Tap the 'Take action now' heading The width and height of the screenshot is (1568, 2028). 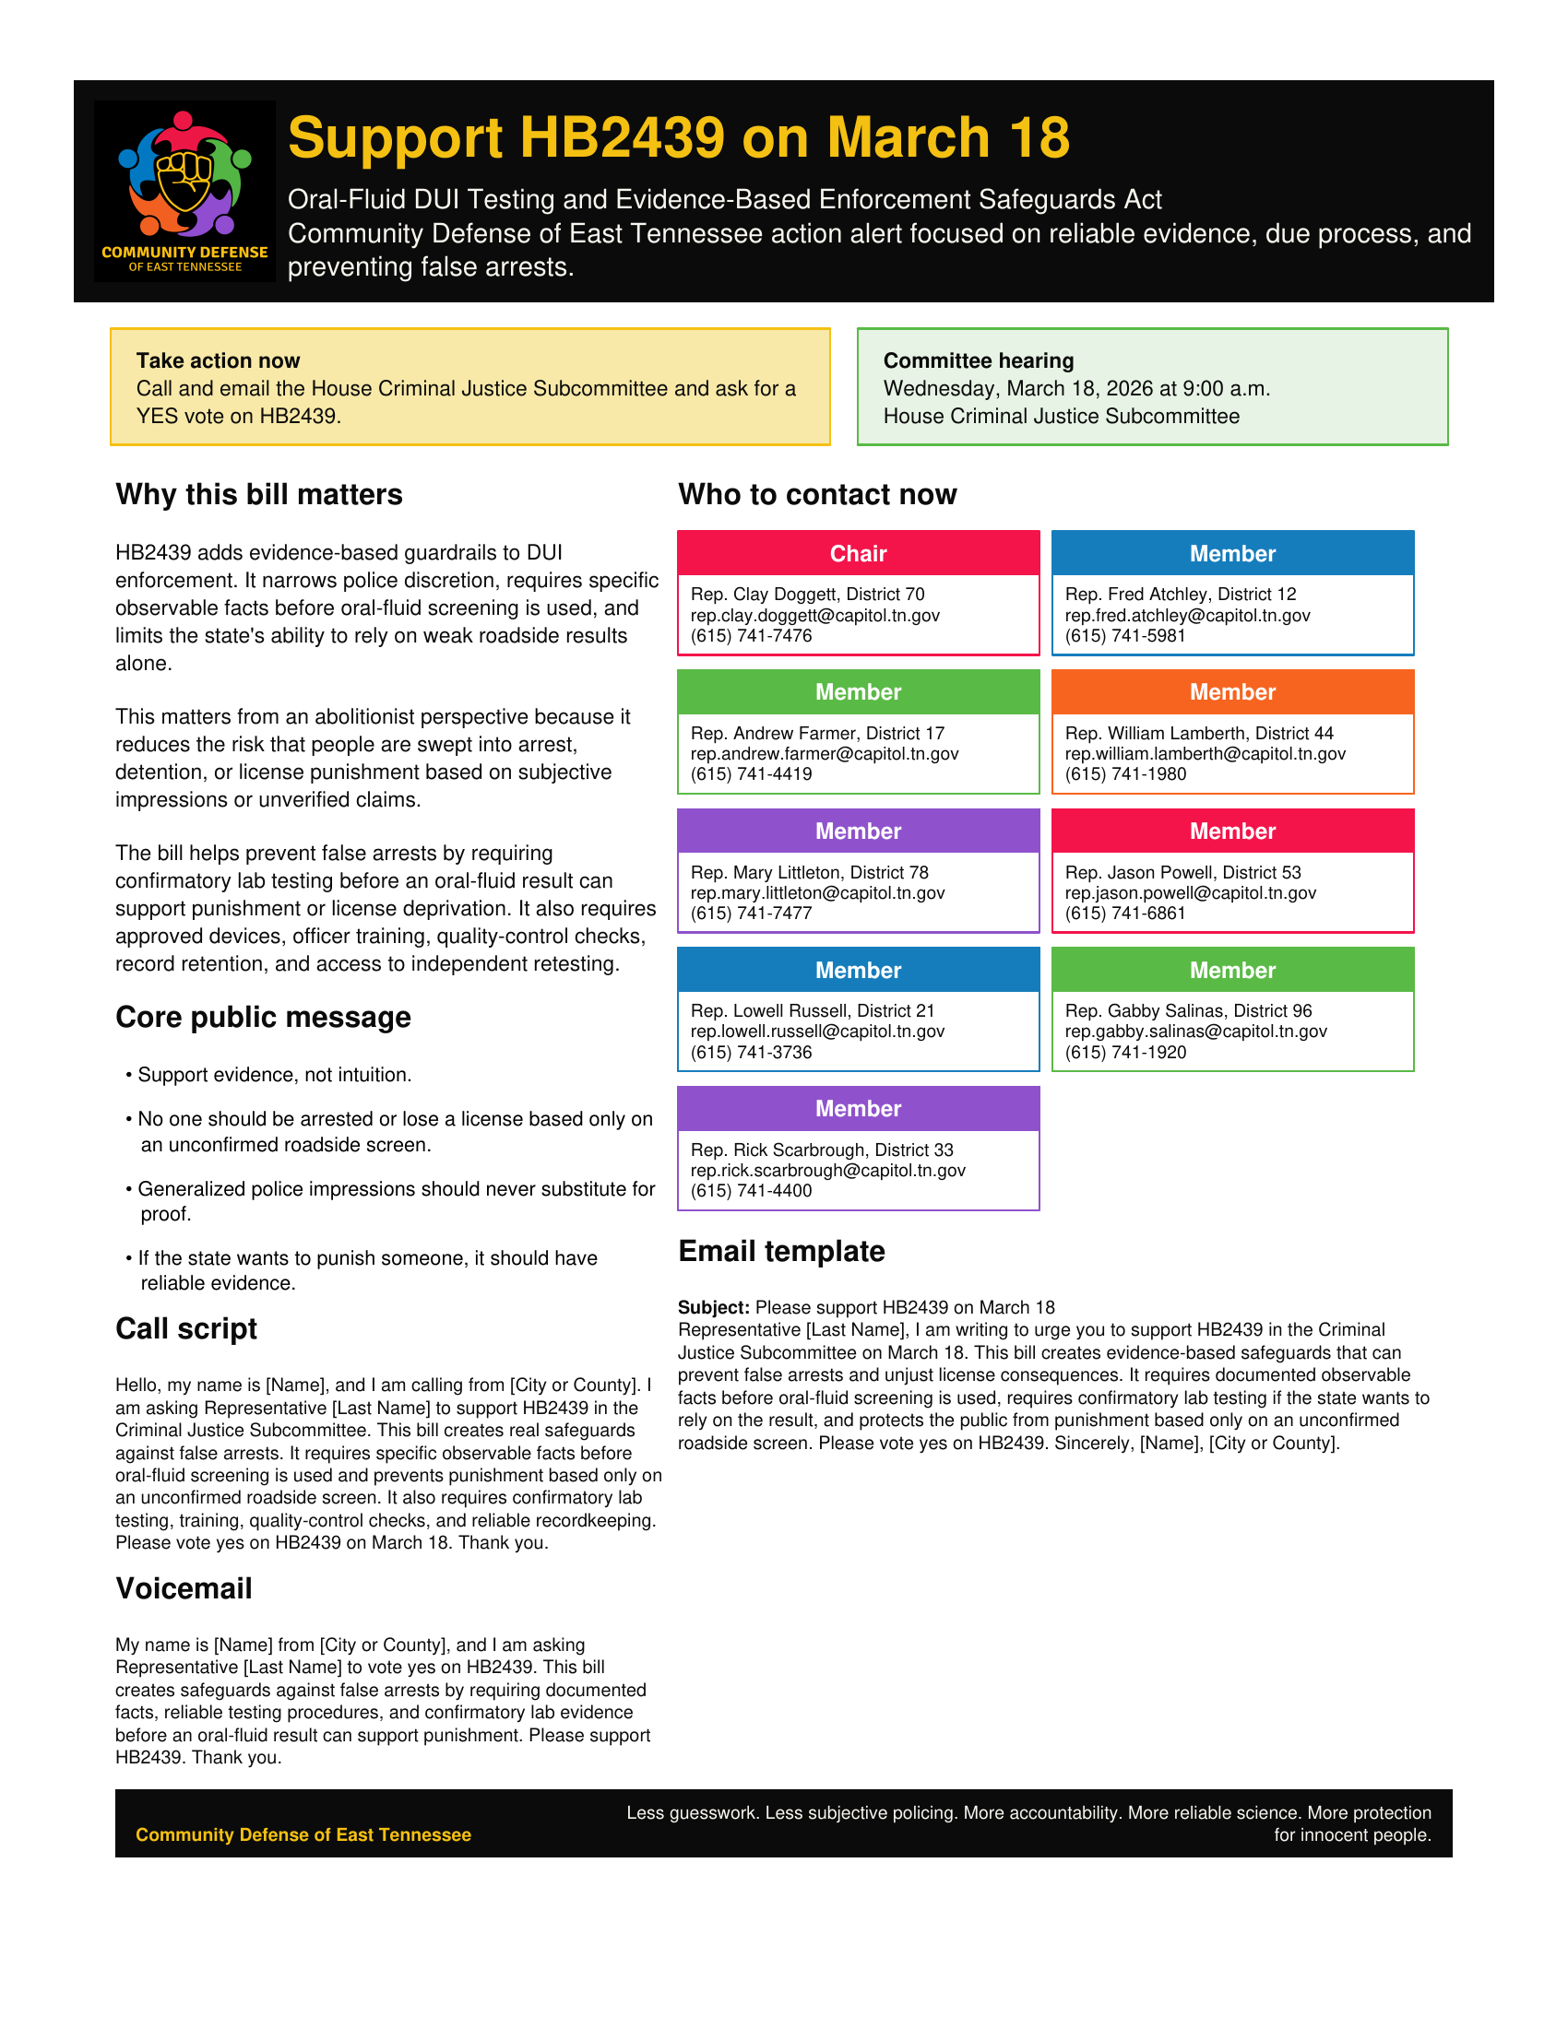[x=219, y=360]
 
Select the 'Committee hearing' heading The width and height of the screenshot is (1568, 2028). [x=978, y=360]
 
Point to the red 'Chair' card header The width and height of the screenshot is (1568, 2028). [x=858, y=553]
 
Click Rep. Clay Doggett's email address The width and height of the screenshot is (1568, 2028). [x=814, y=616]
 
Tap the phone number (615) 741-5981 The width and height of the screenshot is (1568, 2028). [x=1125, y=636]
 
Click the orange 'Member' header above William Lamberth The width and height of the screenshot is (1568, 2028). [x=1231, y=691]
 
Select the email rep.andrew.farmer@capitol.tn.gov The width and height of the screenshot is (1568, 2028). [x=824, y=754]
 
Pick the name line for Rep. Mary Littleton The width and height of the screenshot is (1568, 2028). [x=809, y=872]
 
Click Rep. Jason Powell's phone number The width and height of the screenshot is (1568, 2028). [x=1125, y=913]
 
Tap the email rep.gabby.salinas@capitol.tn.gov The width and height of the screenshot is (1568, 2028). [x=1195, y=1031]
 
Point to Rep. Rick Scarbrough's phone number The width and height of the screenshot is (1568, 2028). [x=751, y=1190]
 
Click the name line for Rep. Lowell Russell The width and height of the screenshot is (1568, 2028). [x=812, y=1010]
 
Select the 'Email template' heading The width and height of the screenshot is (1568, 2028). [x=781, y=1251]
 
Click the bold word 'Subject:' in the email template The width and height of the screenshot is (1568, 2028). [x=713, y=1307]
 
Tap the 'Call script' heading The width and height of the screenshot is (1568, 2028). [x=185, y=1328]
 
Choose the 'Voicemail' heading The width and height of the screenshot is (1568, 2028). [x=184, y=1589]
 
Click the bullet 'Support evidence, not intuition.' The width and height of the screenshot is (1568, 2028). [x=274, y=1074]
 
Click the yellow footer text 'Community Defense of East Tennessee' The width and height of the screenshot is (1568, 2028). [x=303, y=1834]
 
